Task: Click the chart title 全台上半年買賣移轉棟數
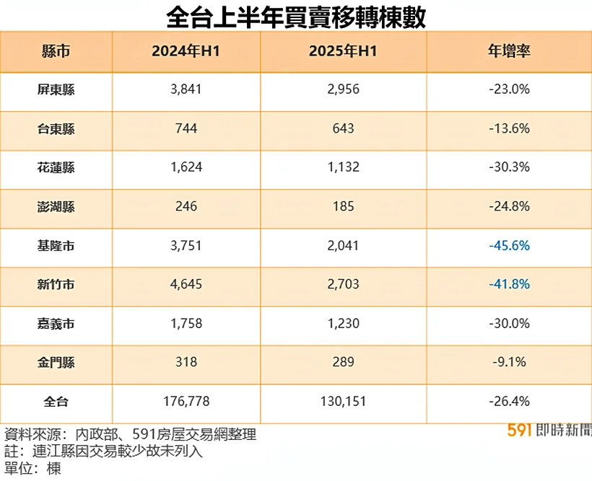(295, 16)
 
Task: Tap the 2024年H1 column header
(186, 52)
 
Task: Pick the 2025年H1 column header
(343, 52)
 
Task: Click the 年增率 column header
(508, 52)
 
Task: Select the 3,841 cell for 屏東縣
(186, 90)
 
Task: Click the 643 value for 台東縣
(343, 129)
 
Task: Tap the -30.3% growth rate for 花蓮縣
(508, 168)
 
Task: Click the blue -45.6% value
(508, 246)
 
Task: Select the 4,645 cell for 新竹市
(186, 285)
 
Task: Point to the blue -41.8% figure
(508, 285)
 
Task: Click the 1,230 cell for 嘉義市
(343, 324)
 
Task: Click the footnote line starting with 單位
(32, 469)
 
